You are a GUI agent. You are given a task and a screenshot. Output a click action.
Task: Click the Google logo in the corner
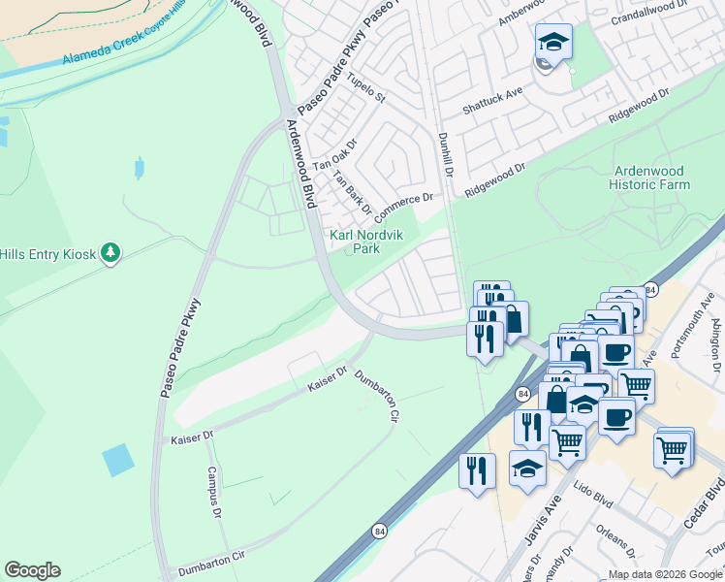[x=32, y=570]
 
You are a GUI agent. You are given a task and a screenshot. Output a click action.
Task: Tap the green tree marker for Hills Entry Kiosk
[x=111, y=253]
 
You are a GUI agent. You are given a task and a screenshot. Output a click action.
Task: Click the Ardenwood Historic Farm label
[x=650, y=178]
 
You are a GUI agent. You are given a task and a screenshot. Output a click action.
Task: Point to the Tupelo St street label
[x=366, y=90]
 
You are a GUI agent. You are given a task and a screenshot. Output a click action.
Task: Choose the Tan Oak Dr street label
[x=335, y=156]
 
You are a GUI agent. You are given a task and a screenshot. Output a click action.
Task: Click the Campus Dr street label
[x=214, y=491]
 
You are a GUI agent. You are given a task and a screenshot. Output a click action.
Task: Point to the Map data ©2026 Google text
[x=665, y=574]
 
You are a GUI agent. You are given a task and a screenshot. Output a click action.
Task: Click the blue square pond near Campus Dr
[x=118, y=459]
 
